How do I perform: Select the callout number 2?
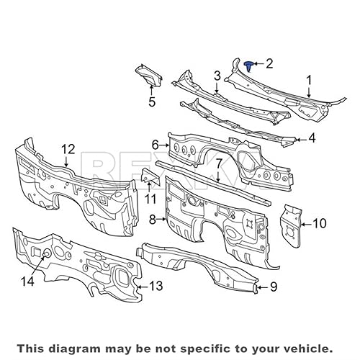(269, 64)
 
